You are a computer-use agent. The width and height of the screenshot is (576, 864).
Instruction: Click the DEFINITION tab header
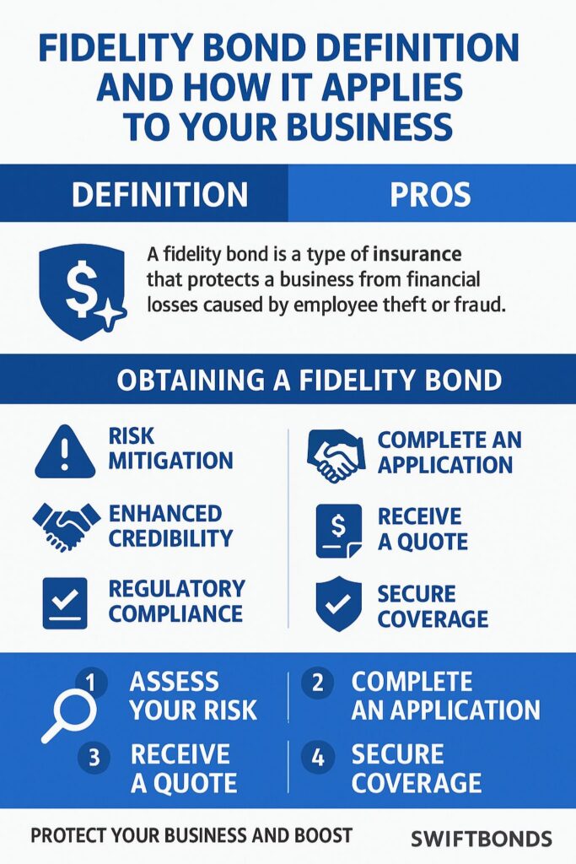click(159, 194)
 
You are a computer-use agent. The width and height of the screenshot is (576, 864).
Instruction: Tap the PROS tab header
click(430, 194)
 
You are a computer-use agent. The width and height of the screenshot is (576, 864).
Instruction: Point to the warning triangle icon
click(65, 451)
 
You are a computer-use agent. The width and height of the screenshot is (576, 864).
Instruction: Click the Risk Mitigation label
click(170, 448)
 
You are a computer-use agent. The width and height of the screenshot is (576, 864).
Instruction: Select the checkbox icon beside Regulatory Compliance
click(65, 602)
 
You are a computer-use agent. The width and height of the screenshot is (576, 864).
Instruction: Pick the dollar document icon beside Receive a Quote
click(338, 531)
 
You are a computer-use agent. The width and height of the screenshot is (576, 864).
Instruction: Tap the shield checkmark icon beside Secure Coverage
click(338, 603)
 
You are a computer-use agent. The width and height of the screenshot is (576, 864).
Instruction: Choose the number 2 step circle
click(318, 683)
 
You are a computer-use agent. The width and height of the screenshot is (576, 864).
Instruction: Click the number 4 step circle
click(318, 757)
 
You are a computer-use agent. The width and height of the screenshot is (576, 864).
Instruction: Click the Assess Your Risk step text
click(192, 695)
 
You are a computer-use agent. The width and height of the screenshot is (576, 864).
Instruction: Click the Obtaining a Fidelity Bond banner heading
click(309, 381)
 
